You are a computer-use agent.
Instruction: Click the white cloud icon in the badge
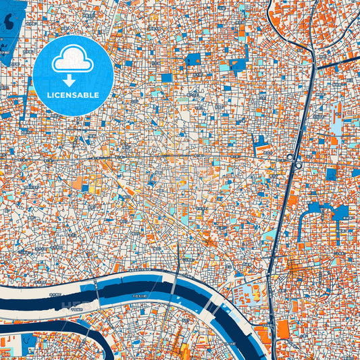73,60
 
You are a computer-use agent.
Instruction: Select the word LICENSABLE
73,95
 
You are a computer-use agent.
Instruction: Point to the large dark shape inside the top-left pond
11,22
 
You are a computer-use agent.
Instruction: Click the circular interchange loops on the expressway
294,159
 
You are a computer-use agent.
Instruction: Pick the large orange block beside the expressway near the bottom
282,330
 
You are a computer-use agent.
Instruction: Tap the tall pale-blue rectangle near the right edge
336,126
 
